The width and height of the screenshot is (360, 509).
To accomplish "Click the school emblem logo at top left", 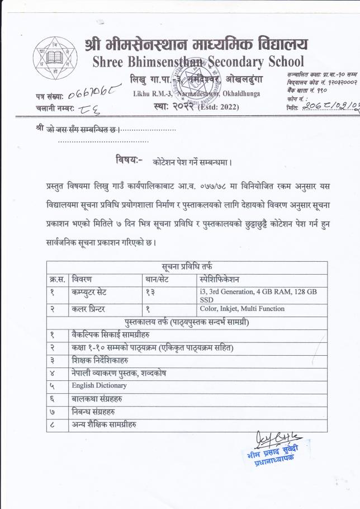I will (55, 59).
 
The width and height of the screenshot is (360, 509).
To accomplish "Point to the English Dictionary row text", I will (99, 385).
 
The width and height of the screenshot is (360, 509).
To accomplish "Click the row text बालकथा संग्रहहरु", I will (97, 399).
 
